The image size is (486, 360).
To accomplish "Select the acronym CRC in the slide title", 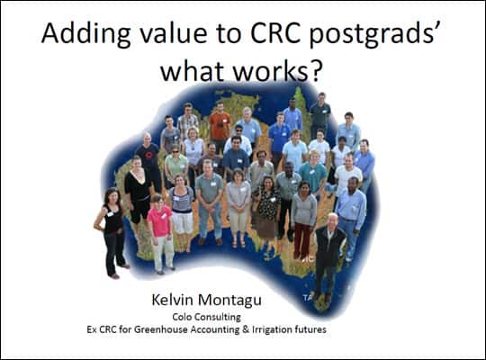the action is pyautogui.click(x=275, y=32).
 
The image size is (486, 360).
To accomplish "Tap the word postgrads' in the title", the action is pyautogui.click(x=375, y=34).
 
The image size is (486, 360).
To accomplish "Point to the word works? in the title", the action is pyautogui.click(x=276, y=71).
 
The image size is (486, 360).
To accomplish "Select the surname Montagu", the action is pyautogui.click(x=229, y=301).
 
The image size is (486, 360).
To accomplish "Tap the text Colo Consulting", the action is pyautogui.click(x=207, y=317).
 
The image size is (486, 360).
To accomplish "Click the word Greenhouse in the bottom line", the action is pyautogui.click(x=160, y=329).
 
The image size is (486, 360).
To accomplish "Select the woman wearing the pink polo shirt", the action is pyautogui.click(x=161, y=233).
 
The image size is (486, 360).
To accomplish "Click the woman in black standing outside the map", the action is pyautogui.click(x=112, y=232).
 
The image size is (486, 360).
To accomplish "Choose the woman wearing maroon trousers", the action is pyautogui.click(x=303, y=220).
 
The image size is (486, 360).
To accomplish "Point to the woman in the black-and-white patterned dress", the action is pyautogui.click(x=267, y=211).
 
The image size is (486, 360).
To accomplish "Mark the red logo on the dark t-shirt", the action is pyautogui.click(x=149, y=155).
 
